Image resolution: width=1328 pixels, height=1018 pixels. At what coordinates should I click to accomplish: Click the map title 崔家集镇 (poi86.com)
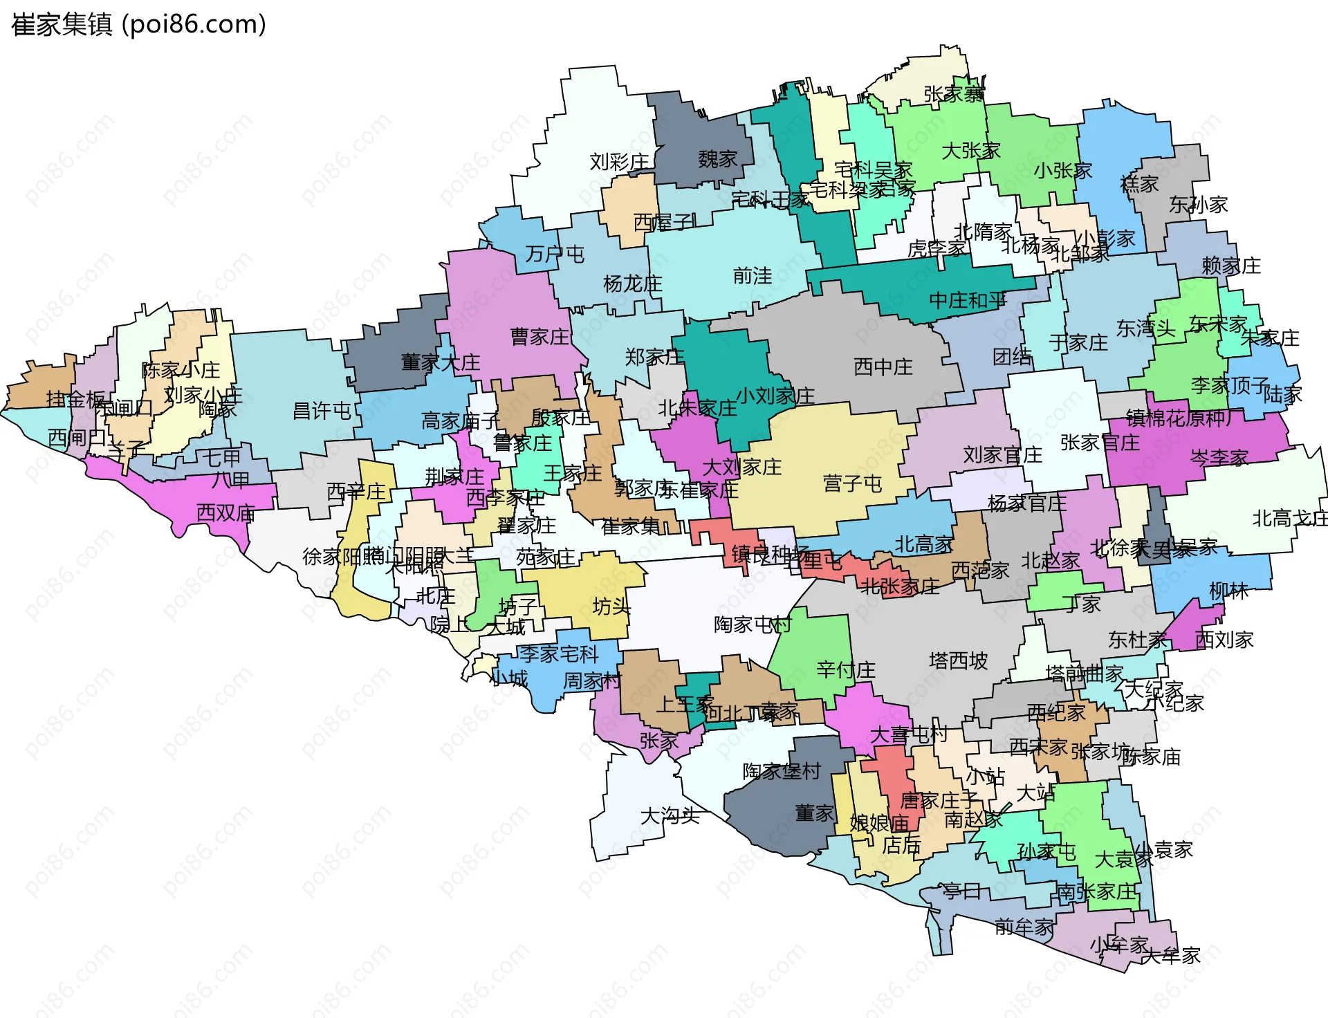138,25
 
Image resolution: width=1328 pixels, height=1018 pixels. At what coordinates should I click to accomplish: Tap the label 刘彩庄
619,162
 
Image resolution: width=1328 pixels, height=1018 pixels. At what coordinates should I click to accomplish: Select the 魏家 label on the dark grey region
717,160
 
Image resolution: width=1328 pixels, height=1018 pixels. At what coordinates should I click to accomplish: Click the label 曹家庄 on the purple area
539,337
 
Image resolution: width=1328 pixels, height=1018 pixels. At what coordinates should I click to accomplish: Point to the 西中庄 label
883,367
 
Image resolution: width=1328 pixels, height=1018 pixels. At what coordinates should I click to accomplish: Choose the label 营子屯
852,483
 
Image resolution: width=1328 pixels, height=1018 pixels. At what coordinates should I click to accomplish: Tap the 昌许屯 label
322,411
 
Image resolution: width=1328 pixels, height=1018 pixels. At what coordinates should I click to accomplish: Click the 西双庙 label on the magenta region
226,512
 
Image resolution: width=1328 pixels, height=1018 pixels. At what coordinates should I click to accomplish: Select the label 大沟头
670,815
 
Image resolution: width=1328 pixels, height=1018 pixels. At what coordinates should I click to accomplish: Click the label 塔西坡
958,660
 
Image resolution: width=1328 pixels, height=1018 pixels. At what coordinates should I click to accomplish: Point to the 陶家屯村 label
752,624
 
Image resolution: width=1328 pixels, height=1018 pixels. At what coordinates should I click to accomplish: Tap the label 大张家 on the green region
971,150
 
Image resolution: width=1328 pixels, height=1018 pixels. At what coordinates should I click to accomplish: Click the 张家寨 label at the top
954,94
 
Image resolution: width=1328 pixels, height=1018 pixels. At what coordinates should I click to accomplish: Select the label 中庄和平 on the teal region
968,300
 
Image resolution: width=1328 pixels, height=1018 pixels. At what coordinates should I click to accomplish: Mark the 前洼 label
753,276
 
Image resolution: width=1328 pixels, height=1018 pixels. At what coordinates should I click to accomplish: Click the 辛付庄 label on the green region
845,669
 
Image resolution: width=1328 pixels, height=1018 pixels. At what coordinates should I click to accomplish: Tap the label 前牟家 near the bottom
1024,927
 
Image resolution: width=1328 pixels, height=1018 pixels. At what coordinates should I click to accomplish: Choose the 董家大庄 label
441,362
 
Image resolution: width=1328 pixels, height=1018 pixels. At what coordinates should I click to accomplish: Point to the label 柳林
1228,591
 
